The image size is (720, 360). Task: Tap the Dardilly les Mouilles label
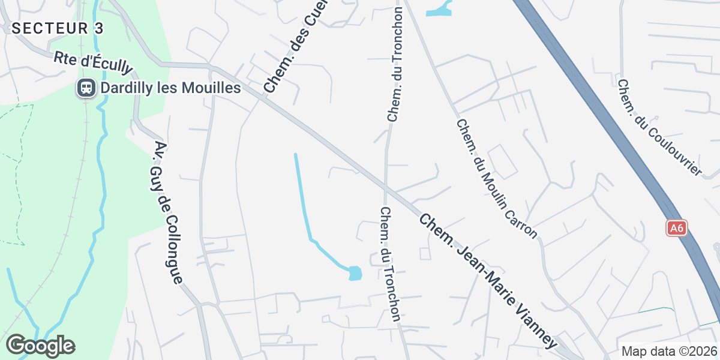[x=170, y=88]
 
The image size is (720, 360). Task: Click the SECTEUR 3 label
[x=58, y=28]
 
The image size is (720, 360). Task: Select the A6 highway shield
[x=676, y=228]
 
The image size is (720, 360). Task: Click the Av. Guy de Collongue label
[x=168, y=213]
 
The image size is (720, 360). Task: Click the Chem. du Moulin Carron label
[x=497, y=179]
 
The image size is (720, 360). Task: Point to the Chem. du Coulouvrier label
[x=659, y=128]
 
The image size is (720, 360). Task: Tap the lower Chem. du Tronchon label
[x=391, y=264]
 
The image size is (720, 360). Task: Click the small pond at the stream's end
[x=355, y=274]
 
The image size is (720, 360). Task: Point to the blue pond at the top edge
[x=439, y=11]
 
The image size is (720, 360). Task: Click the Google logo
[x=40, y=346]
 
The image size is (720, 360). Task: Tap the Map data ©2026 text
[x=668, y=351]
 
